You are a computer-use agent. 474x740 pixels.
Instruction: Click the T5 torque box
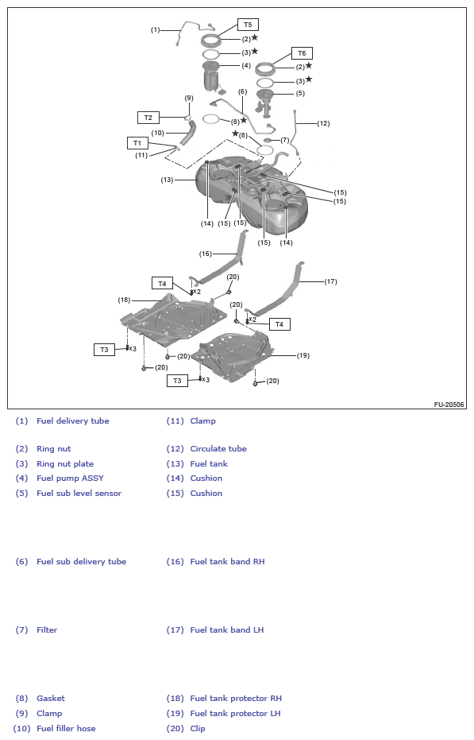click(x=248, y=25)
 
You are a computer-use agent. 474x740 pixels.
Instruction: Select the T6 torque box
click(x=302, y=53)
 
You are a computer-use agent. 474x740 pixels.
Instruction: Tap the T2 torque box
click(x=148, y=118)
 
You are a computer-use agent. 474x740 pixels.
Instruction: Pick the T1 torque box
click(x=137, y=143)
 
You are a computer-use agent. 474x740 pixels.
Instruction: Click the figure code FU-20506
click(x=449, y=405)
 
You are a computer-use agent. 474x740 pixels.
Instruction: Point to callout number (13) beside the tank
click(x=167, y=180)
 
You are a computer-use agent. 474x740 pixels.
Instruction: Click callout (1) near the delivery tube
click(x=155, y=29)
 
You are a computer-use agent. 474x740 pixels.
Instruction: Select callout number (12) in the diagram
click(x=323, y=123)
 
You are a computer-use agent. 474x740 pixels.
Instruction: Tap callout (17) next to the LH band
click(x=330, y=281)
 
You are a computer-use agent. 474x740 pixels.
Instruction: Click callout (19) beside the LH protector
click(x=303, y=355)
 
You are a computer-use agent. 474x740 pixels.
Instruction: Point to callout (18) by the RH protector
click(x=124, y=300)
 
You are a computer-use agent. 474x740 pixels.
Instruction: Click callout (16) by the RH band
click(x=205, y=254)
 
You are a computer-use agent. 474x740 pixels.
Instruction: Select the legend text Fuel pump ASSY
click(x=71, y=478)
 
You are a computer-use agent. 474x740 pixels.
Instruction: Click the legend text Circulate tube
click(x=218, y=449)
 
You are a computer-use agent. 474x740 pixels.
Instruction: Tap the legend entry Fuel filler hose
click(x=66, y=729)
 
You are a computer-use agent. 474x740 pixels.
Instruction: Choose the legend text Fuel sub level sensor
click(x=79, y=493)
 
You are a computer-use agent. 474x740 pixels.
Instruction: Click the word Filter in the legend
click(x=47, y=630)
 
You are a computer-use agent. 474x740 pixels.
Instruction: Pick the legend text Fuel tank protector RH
click(x=236, y=699)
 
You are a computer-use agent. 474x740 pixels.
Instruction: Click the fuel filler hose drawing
click(x=187, y=133)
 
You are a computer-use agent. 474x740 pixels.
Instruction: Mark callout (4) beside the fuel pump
click(x=246, y=66)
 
